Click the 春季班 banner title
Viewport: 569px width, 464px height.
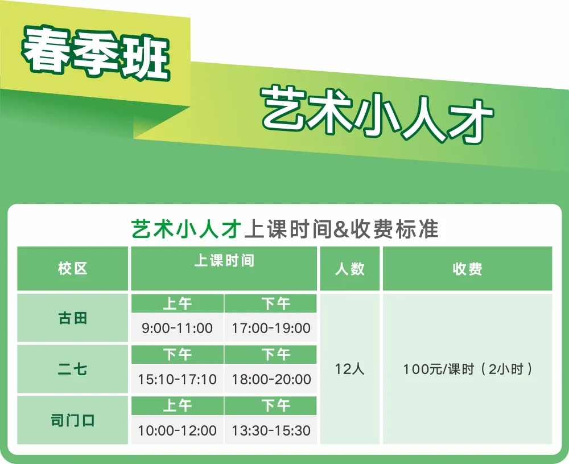coord(96,52)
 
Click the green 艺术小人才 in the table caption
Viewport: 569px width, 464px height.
coord(186,229)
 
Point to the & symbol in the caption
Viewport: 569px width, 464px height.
coord(340,229)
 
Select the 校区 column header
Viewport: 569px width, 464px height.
coord(73,269)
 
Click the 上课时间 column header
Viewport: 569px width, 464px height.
coord(224,261)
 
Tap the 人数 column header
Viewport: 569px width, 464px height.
coord(349,269)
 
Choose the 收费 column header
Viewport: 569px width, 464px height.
coord(467,269)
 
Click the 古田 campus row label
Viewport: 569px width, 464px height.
coord(73,318)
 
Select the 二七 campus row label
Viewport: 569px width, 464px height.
coord(73,369)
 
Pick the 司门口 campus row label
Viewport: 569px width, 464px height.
coord(73,420)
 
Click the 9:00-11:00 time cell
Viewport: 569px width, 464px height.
coord(177,328)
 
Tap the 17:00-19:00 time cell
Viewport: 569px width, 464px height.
coord(271,328)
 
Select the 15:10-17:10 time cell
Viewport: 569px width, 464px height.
coord(177,379)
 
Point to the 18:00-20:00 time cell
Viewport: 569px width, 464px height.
coord(271,379)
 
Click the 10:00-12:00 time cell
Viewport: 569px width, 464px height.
coord(177,430)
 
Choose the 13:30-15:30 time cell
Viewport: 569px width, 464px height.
coord(271,430)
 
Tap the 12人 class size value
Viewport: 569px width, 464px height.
coord(349,369)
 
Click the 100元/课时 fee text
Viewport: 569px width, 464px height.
coord(439,369)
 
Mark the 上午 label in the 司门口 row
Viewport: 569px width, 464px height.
coord(177,405)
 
